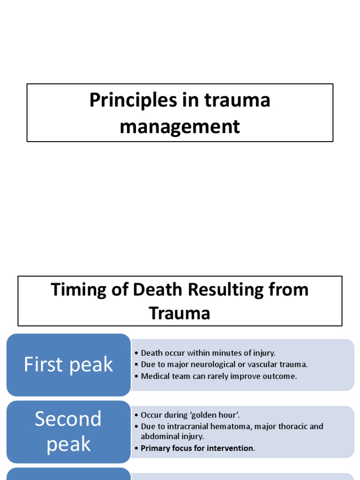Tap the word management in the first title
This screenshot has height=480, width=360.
click(x=180, y=127)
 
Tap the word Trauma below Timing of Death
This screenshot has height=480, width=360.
click(x=180, y=313)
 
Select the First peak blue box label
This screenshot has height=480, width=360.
click(x=68, y=365)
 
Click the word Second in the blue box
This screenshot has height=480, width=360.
click(x=68, y=419)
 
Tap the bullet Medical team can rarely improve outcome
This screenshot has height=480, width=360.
click(x=219, y=376)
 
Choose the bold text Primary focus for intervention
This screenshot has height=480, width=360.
click(x=197, y=448)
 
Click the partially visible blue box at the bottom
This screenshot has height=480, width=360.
click(x=68, y=474)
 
